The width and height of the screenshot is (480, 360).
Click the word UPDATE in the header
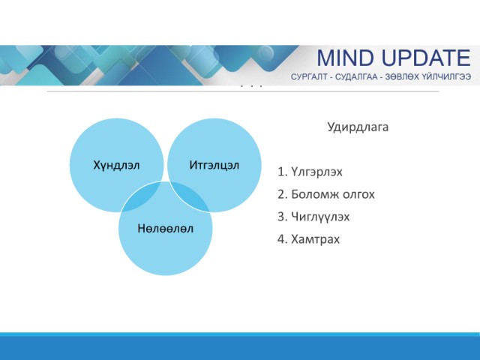tap(427, 58)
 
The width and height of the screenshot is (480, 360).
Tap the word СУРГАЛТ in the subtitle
tap(309, 76)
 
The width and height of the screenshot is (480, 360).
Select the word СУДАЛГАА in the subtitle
tap(356, 76)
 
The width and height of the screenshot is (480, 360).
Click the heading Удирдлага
tap(358, 127)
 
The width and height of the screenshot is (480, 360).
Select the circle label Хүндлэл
tap(116, 165)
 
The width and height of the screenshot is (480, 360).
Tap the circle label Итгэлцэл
tap(214, 165)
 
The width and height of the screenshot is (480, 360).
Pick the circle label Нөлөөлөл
tap(165, 228)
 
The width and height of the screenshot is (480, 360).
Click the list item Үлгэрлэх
tap(316, 172)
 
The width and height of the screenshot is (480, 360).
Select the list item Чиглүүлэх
tap(320, 217)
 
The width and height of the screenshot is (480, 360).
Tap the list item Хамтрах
tap(315, 239)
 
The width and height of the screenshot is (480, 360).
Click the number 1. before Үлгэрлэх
tap(283, 172)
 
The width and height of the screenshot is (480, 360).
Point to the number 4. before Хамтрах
tap(283, 239)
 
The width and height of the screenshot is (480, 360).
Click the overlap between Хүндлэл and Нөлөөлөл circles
tap(143, 198)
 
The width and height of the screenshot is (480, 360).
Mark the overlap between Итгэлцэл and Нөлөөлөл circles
tap(188, 196)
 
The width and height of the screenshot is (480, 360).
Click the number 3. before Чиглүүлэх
tap(283, 217)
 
